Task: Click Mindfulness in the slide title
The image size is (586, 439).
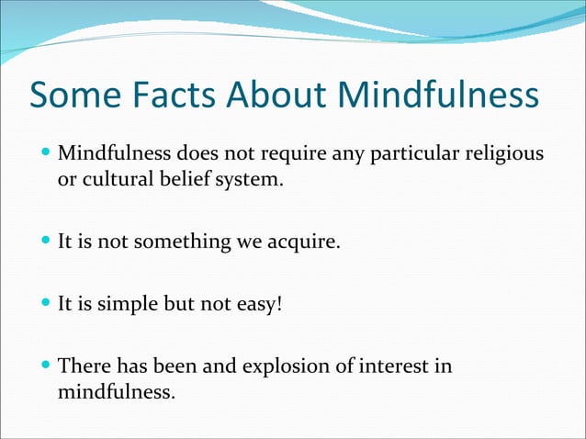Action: coord(440,94)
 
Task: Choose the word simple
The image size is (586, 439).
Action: coord(125,304)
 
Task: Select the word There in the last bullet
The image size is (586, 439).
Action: coord(83,366)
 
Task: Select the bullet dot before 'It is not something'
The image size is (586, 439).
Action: coord(47,242)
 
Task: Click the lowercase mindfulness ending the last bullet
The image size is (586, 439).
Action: coord(114,393)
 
